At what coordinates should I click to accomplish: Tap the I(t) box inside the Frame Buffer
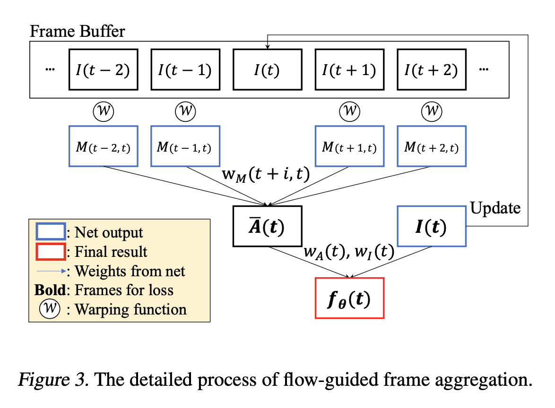point(267,70)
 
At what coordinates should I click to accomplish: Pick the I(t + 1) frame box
point(349,70)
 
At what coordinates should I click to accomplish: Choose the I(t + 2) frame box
point(431,70)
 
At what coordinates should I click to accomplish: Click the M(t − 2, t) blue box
point(104,146)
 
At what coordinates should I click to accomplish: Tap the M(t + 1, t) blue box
point(349,146)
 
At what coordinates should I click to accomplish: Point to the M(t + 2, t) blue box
point(431,146)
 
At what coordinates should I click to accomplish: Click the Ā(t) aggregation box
point(267,226)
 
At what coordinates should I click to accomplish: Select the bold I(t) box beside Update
point(431,226)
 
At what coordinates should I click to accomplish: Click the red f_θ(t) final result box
point(349,298)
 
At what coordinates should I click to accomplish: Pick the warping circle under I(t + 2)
point(431,112)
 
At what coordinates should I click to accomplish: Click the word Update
point(495,208)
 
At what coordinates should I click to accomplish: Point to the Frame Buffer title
point(77,32)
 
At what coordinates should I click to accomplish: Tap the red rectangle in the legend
point(51,251)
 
